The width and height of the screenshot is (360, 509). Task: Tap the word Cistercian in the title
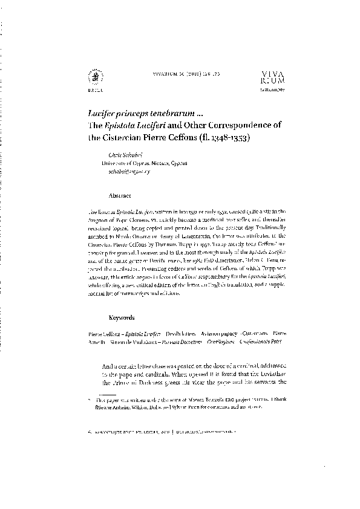[x=129, y=137]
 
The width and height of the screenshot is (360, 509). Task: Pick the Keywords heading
[x=122, y=317]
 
